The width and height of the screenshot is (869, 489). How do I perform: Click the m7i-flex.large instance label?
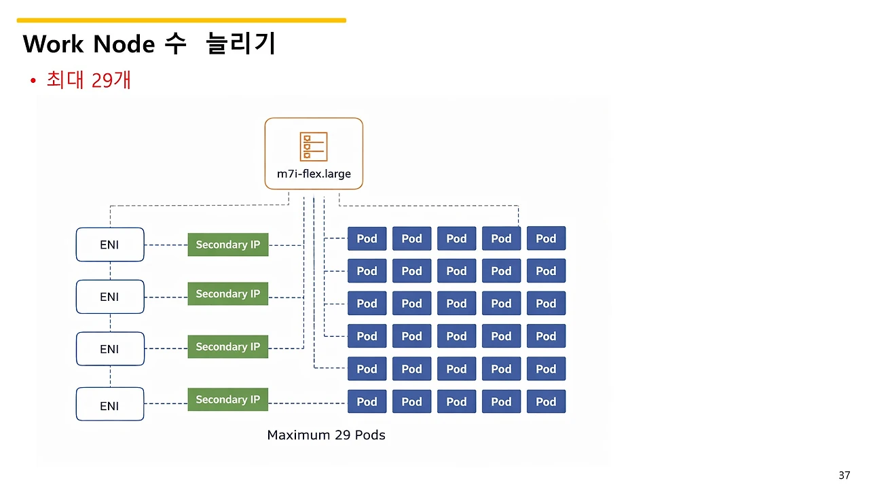tap(314, 174)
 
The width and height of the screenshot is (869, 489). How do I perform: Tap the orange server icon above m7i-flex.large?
tap(314, 147)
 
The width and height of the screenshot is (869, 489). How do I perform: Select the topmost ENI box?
tap(110, 244)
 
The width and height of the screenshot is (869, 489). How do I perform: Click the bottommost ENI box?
tap(110, 405)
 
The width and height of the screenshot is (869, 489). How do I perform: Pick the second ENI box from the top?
tap(110, 297)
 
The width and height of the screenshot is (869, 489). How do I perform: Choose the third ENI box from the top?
tap(110, 349)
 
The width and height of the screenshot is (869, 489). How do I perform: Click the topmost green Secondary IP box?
tap(228, 244)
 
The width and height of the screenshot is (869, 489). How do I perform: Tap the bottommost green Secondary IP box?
tap(228, 399)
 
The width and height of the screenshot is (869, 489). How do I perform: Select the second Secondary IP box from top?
tap(228, 294)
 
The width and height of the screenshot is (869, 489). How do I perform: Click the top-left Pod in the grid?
tap(367, 238)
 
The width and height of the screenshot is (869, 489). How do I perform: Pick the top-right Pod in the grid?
tap(546, 238)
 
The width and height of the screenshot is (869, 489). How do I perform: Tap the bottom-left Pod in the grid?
tap(367, 401)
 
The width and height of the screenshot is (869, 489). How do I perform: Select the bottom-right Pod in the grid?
tap(546, 401)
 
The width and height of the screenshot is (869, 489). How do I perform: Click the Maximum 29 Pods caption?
tap(326, 435)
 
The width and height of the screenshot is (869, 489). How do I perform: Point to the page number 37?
tap(844, 475)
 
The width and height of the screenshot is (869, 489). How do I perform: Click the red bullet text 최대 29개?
tap(89, 80)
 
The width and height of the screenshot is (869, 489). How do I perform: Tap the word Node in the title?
tap(124, 44)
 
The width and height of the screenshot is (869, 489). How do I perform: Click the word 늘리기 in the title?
tap(241, 44)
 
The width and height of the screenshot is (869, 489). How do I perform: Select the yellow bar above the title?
tap(181, 20)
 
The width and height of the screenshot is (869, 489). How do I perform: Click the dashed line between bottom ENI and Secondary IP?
tap(166, 403)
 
